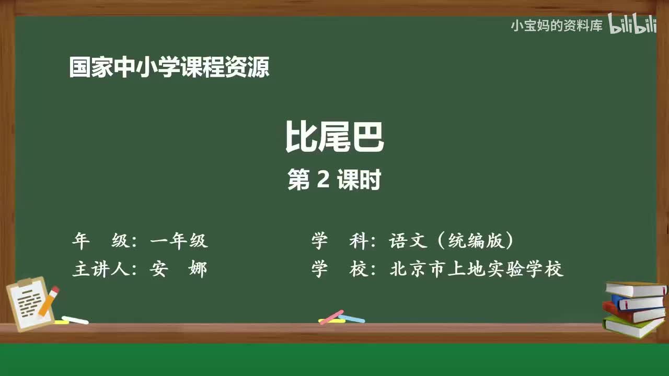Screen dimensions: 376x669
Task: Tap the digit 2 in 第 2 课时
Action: tap(322, 181)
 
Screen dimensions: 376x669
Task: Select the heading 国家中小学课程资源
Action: tap(169, 68)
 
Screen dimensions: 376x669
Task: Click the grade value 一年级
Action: tap(179, 241)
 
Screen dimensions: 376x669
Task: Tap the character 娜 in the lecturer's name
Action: tap(198, 269)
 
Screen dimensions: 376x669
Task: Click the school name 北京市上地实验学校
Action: tap(476, 269)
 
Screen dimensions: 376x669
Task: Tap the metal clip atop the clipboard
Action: tap(25, 283)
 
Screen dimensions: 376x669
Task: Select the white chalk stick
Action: tap(75, 320)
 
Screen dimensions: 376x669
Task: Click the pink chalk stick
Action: tap(331, 316)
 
